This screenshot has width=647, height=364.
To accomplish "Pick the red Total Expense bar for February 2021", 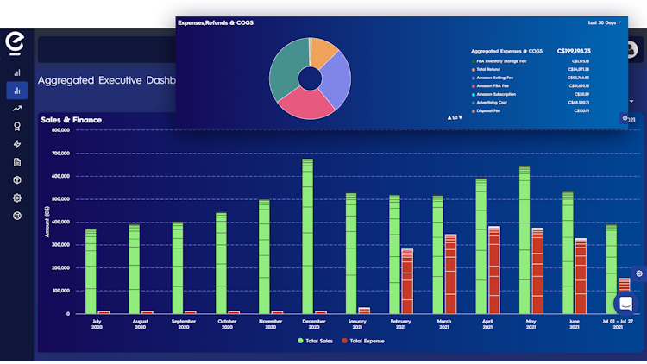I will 407,280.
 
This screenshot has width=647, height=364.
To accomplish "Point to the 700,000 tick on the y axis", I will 60,154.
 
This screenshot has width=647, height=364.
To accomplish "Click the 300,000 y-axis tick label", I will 60,245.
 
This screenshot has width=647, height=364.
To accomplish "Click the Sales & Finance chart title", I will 72,120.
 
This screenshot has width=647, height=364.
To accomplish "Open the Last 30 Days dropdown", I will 605,22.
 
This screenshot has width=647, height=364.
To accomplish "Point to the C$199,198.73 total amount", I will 574,51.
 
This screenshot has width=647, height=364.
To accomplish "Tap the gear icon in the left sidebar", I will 17,198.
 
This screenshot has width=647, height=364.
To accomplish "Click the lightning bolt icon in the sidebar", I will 17,144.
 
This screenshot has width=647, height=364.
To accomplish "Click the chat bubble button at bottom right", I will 626,304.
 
